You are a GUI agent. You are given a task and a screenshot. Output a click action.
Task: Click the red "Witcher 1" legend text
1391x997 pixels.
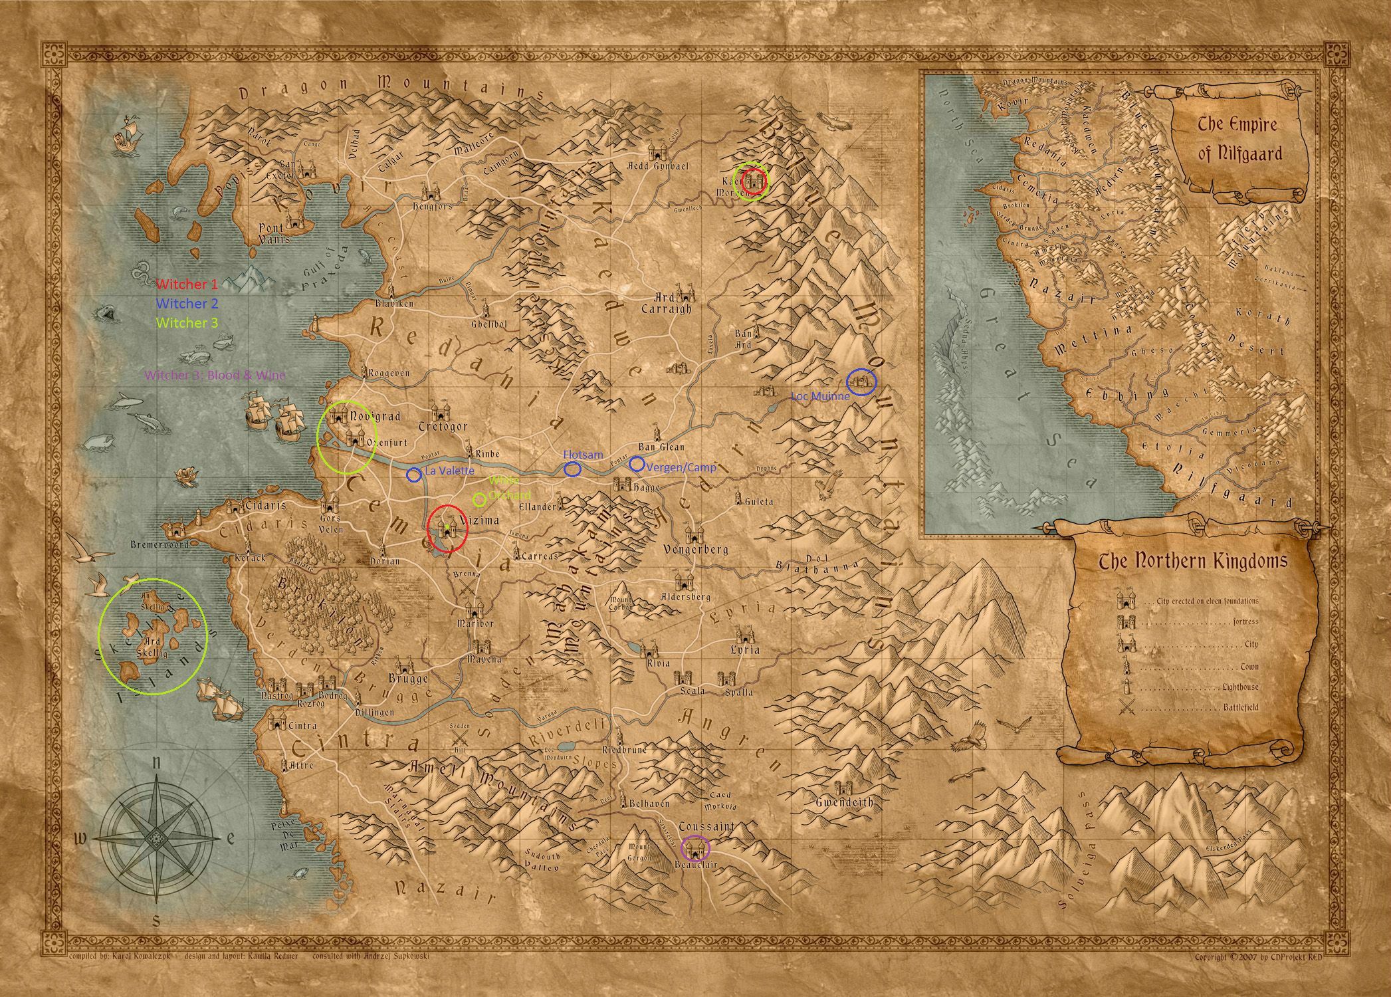(x=187, y=284)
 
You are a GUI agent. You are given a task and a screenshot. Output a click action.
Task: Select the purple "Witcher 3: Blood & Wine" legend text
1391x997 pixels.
(x=215, y=375)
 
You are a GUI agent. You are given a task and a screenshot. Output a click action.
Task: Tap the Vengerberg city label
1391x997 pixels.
(x=696, y=550)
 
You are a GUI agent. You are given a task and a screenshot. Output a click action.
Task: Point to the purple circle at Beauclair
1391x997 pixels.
(x=696, y=848)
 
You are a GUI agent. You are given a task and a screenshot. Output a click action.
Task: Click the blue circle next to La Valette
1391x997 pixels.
(x=413, y=474)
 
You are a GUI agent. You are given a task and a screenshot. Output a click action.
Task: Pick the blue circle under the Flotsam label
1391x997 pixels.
(x=572, y=469)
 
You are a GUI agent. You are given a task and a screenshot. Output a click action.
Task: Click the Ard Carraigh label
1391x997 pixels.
(x=667, y=304)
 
